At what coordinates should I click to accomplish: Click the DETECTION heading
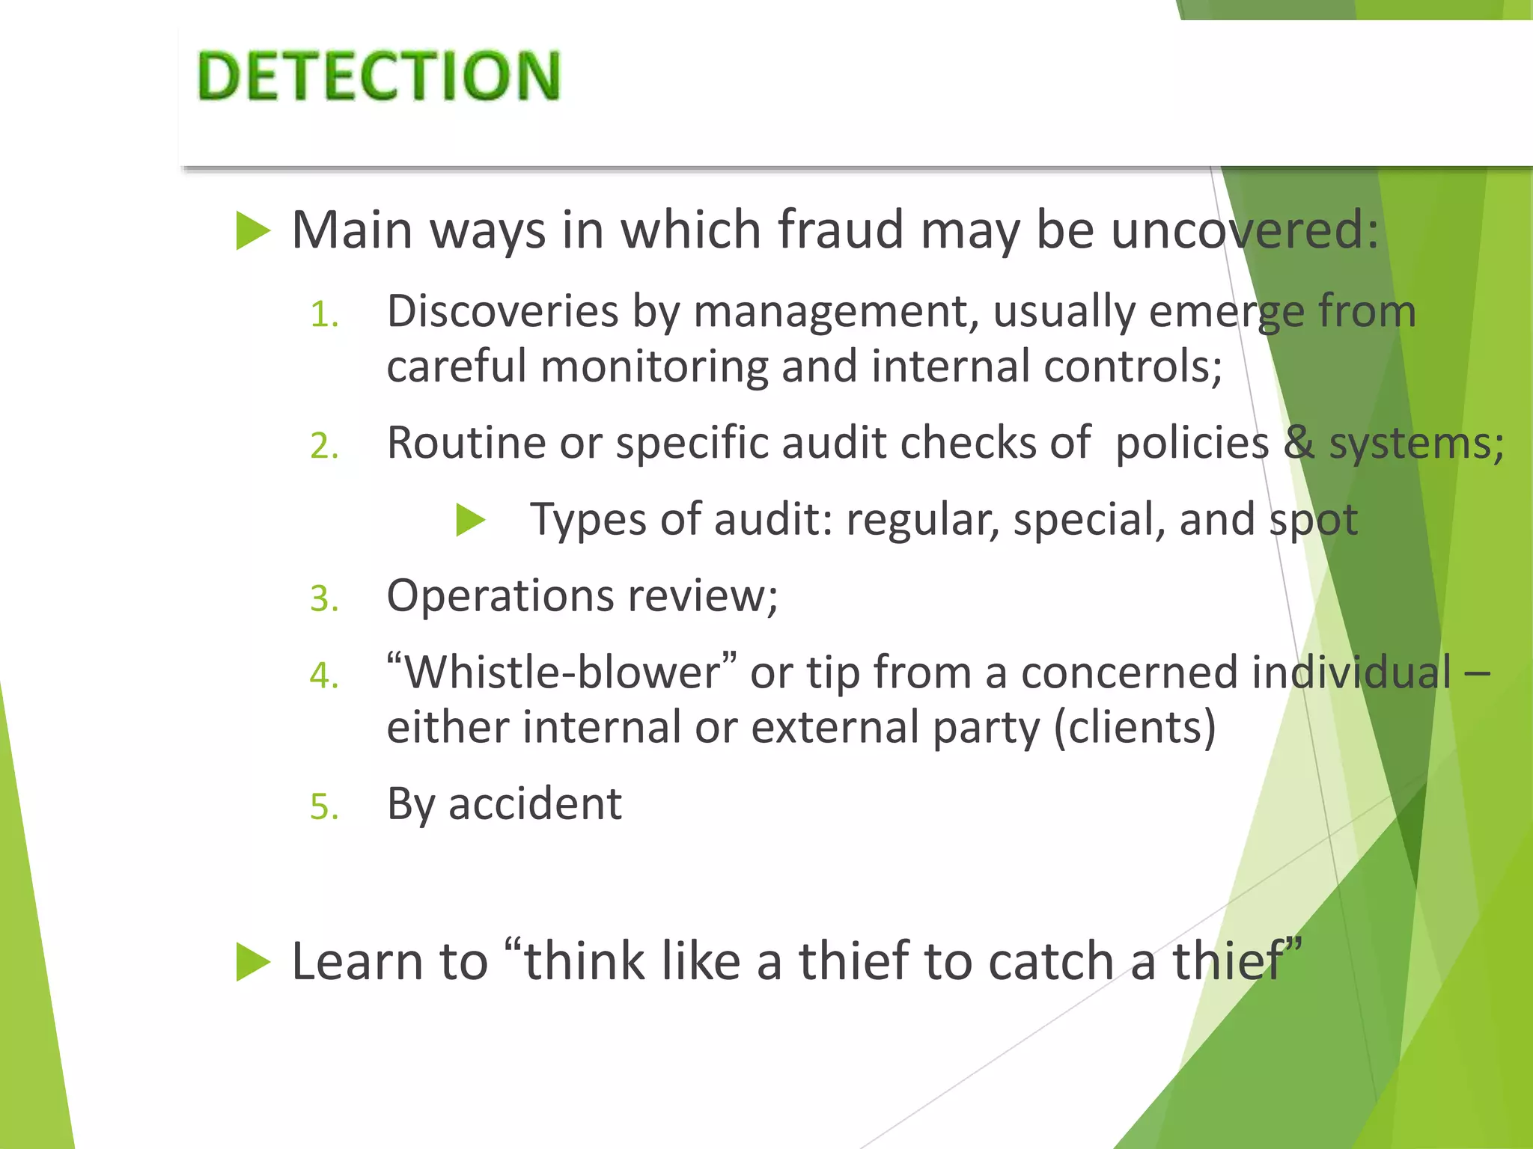click(x=379, y=76)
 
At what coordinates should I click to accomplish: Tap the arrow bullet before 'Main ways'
click(x=252, y=230)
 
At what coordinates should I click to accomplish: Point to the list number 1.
click(x=324, y=314)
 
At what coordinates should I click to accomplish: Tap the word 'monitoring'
click(x=653, y=367)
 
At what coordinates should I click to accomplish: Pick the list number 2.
click(x=324, y=446)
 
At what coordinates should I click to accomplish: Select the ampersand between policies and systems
click(x=1299, y=443)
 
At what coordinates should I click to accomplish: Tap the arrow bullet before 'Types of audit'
click(x=471, y=520)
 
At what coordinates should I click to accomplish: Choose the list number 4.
click(x=324, y=675)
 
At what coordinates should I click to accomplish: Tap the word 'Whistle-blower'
click(x=561, y=672)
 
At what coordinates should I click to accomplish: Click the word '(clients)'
click(x=1135, y=727)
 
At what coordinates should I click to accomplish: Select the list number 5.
click(x=324, y=807)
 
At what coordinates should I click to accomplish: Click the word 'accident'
click(x=535, y=804)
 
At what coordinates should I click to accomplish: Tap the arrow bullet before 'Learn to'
click(x=252, y=961)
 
